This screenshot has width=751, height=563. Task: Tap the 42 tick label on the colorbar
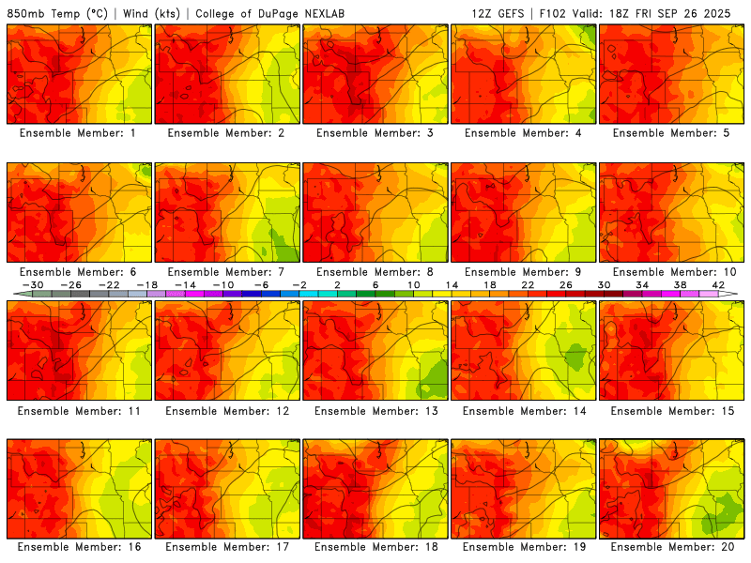click(x=717, y=284)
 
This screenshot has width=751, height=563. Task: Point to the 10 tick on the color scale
click(x=413, y=284)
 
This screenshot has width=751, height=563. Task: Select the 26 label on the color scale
click(x=565, y=284)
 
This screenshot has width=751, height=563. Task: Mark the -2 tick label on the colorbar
click(x=299, y=284)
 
